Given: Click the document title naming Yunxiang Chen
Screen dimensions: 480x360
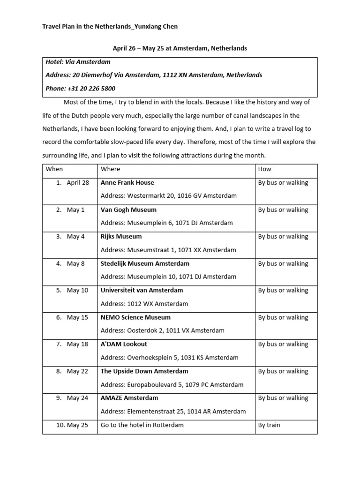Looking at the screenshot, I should tap(110, 27).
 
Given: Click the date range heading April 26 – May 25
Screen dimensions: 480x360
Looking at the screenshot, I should tap(180, 48).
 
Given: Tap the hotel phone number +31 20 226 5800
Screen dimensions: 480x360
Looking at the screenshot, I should tap(80, 89).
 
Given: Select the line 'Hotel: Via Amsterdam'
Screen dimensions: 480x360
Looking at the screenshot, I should tap(78, 62).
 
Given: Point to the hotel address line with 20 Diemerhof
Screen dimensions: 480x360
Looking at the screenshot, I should tap(154, 75).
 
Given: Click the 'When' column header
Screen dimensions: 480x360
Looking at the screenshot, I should tap(54, 169).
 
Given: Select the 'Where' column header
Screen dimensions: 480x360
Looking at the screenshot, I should tap(110, 169).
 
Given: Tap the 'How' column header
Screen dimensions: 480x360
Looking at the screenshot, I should tap(264, 169).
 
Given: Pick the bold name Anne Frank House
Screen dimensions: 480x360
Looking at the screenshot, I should tap(127, 183).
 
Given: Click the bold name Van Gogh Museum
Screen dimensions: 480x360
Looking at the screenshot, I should tap(128, 210).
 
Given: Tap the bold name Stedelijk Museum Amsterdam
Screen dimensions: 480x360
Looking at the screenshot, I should tap(145, 263).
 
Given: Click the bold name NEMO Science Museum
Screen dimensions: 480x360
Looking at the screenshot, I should tap(135, 317).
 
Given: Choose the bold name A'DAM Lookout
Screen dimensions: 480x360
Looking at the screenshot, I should tap(124, 344).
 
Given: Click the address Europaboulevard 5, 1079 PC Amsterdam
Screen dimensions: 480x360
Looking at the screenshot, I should tap(172, 385).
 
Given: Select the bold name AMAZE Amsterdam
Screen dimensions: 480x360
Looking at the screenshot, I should tap(129, 398).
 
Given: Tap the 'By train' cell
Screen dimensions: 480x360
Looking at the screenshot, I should tap(269, 425).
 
